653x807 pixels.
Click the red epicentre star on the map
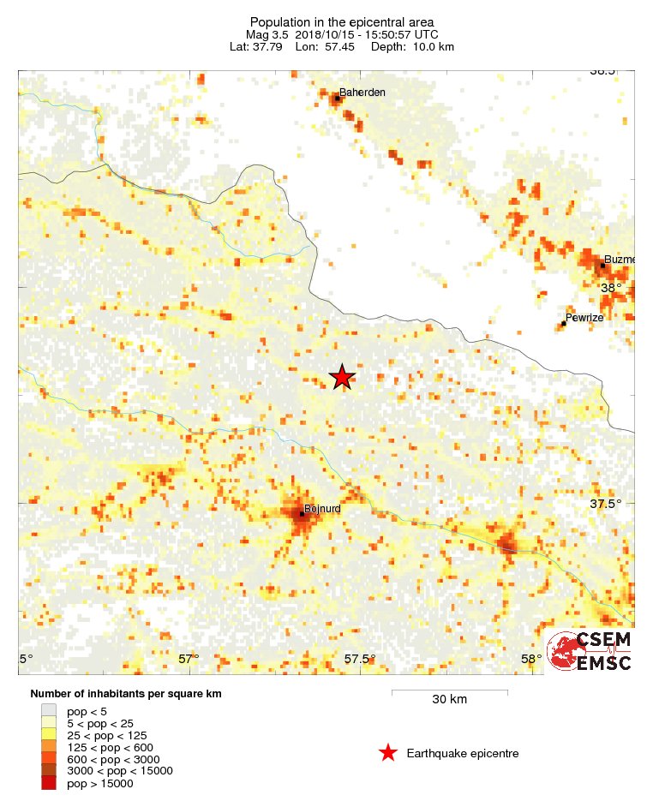click(x=343, y=377)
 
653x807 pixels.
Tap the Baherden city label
click(x=362, y=93)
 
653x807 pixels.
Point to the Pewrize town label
click(x=585, y=317)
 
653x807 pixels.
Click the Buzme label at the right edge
click(x=619, y=260)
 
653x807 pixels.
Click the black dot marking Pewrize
click(x=564, y=323)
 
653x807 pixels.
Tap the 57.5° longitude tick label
click(x=360, y=659)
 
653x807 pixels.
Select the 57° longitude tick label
click(x=189, y=659)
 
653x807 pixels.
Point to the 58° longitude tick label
click(x=530, y=659)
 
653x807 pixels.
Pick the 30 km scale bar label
click(x=449, y=700)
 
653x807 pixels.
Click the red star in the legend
click(x=388, y=753)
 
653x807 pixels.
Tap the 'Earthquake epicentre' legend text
click(x=463, y=753)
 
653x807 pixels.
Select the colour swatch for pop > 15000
click(x=49, y=783)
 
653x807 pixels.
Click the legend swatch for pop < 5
click(x=49, y=711)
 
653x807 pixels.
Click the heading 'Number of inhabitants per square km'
click(x=126, y=694)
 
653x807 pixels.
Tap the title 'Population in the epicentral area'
click(x=342, y=21)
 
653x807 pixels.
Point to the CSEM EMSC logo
click(x=590, y=651)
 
